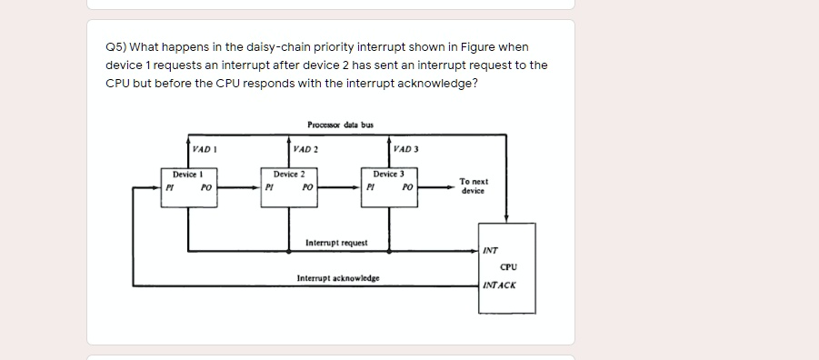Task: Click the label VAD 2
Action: coord(304,148)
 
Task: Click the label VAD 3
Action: coord(406,148)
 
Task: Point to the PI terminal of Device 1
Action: coord(168,187)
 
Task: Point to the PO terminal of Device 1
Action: coord(206,187)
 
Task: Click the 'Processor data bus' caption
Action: coord(340,125)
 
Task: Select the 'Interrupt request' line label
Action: coord(336,243)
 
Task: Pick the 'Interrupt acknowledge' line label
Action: coord(338,278)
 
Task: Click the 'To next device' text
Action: coord(474,186)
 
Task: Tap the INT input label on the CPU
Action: coord(490,249)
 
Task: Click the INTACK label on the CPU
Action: coord(499,285)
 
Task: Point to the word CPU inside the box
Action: coord(508,266)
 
